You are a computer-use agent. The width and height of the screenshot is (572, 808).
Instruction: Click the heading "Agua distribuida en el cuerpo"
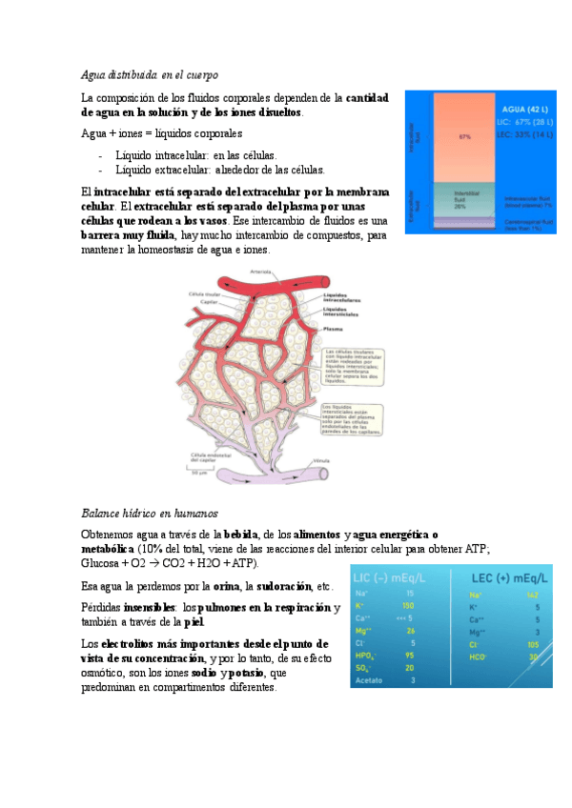[151, 74]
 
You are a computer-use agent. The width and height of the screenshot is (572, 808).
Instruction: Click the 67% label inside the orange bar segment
[465, 136]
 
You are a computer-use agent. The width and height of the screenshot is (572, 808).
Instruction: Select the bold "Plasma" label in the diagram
[334, 328]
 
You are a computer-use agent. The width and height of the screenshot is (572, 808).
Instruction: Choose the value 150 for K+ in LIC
[409, 606]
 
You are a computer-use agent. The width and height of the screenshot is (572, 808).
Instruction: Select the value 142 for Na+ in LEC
[532, 594]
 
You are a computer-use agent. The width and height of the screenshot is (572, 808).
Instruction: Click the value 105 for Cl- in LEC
[532, 643]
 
